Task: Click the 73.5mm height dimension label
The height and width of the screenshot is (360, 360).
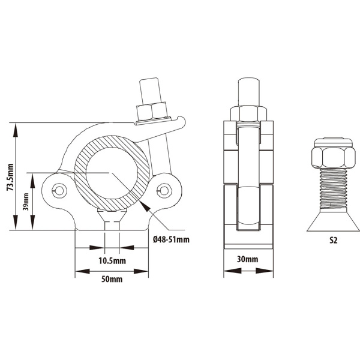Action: [10, 177]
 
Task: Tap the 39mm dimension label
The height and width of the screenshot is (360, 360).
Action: [26, 202]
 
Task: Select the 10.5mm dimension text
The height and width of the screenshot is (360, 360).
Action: [112, 261]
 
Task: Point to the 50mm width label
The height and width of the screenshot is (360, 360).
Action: [112, 279]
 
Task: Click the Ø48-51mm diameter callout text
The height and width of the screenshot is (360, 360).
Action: [171, 239]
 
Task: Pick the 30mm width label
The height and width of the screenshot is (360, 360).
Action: [247, 259]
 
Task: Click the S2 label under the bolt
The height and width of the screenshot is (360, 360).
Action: [334, 240]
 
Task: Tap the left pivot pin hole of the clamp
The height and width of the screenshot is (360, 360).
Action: [59, 190]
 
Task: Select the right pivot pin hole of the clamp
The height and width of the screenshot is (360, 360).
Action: [164, 190]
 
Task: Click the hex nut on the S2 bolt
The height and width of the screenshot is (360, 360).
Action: [334, 157]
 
